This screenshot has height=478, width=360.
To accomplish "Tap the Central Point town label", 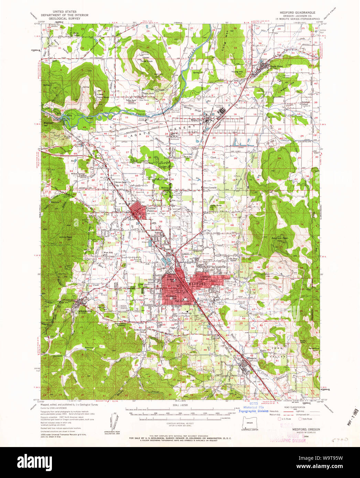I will (x=151, y=209).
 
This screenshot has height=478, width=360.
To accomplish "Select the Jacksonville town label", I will (x=85, y=311).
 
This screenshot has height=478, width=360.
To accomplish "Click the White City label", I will (x=197, y=120).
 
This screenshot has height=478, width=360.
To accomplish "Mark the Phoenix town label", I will (x=252, y=358).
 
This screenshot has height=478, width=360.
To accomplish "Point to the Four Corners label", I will (x=210, y=188).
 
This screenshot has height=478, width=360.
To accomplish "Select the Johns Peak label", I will (x=65, y=237).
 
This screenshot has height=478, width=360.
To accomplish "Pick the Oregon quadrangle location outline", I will (x=250, y=422).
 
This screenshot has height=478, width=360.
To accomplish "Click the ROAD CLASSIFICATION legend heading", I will (x=287, y=407).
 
